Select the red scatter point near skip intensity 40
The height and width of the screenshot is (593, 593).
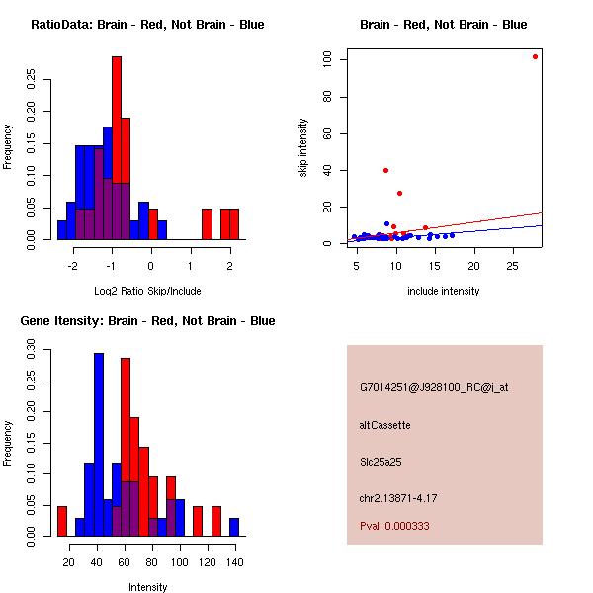click(x=385, y=170)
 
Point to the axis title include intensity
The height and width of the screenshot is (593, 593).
click(x=444, y=291)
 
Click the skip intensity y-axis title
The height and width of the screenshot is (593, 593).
click(x=304, y=148)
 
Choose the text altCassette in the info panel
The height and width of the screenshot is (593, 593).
click(x=384, y=425)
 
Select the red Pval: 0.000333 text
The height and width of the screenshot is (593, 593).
click(x=394, y=527)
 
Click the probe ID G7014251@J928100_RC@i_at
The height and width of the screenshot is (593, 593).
click(x=434, y=388)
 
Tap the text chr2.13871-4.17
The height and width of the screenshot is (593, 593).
click(x=398, y=496)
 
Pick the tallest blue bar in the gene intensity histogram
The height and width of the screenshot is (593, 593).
click(x=99, y=444)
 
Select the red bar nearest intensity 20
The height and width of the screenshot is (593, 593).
click(x=62, y=521)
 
